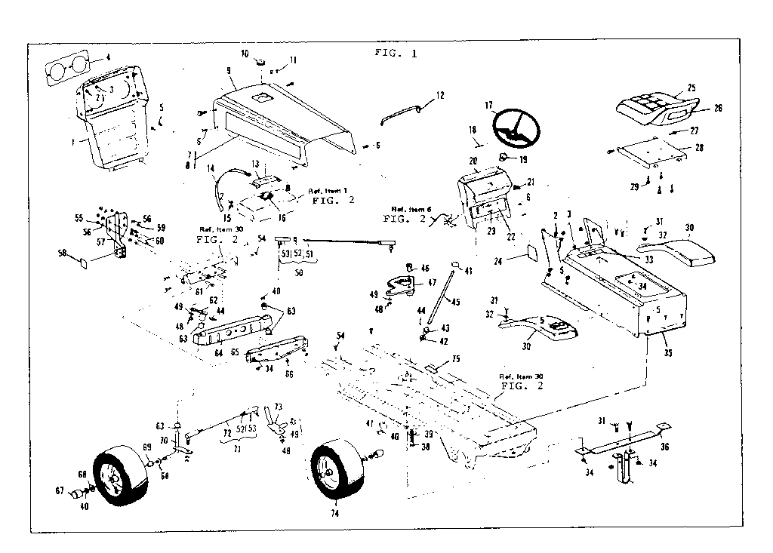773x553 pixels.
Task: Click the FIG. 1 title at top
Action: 396,53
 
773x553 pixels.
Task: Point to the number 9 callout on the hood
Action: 228,69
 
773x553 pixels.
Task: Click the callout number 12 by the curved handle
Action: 440,96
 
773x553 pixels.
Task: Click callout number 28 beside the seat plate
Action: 699,148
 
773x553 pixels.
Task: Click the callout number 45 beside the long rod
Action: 455,303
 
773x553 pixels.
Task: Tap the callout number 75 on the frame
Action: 456,359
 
